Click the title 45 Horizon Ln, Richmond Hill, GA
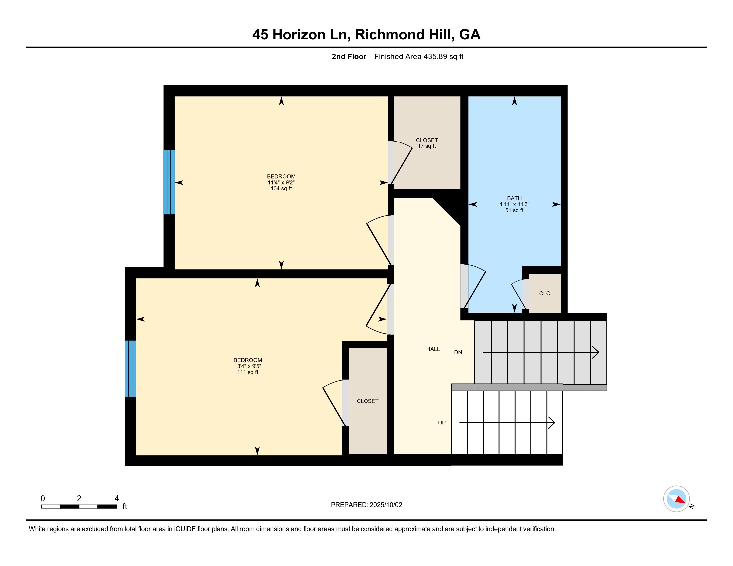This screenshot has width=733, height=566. coord(366,34)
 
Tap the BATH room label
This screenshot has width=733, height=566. coord(514,198)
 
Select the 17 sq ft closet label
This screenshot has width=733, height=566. coord(427,146)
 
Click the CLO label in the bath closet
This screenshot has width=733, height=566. coord(545,293)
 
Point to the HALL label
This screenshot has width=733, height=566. coord(433,349)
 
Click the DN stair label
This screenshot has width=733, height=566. coord(458,352)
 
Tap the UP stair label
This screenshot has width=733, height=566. coord(442,423)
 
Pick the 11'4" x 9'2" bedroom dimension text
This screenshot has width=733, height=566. coord(281,183)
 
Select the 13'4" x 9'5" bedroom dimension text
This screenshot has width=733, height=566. coord(248,366)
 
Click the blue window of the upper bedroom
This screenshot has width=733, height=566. coord(169,182)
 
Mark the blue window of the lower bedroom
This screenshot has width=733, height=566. coord(130,369)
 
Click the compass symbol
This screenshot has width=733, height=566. coord(677,499)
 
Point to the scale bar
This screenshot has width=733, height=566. coord(79,506)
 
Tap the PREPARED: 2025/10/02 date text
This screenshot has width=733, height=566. coord(366,505)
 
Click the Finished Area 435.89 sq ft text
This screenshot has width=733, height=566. coord(419,56)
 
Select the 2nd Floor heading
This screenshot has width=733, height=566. coord(349,56)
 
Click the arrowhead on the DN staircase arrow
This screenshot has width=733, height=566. coord(596,352)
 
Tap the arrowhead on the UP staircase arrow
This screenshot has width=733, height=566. coord(551,423)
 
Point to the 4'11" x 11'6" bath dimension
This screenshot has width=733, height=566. coord(514,204)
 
